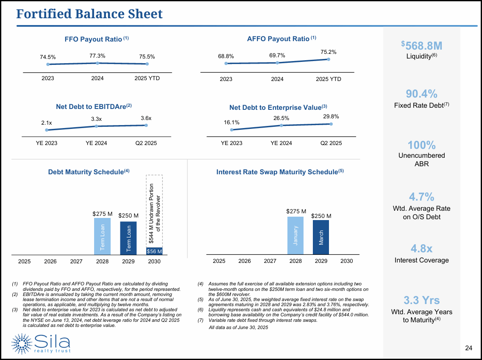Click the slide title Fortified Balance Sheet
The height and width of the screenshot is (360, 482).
coord(89,14)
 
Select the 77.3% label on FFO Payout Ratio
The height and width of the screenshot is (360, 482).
coord(98,56)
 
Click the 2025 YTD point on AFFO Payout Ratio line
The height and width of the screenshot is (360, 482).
coord(329,59)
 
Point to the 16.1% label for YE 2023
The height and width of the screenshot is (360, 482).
coord(232,122)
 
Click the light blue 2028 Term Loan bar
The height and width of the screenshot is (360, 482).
coord(102,236)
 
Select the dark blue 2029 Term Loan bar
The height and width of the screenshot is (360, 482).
coord(128,238)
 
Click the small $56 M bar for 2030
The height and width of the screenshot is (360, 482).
coord(154,251)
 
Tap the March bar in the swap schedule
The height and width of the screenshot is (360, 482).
coord(321,237)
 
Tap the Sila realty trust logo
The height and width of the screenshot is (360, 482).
coord(42,343)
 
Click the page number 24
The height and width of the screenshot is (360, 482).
coord(468,348)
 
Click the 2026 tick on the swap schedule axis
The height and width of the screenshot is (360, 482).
coord(245,261)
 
